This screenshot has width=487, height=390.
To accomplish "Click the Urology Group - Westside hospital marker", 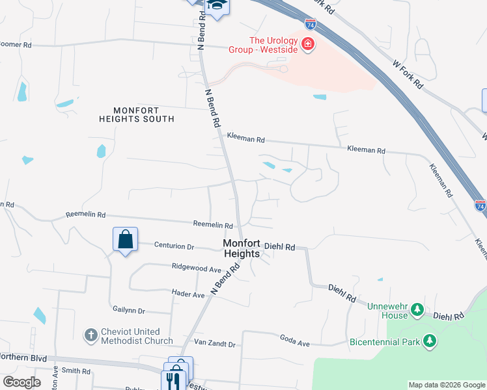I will pos(307,45).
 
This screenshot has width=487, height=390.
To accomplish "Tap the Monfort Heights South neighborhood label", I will pos(137,114).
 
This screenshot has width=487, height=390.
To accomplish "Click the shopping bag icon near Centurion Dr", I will pos(125,239).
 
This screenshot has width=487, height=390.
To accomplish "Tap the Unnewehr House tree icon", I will pos(417,310).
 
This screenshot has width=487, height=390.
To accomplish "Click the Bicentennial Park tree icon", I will pos(429,341).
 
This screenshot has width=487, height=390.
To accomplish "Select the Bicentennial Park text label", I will pos(384,341).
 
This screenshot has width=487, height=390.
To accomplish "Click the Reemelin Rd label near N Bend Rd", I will pos(213,224).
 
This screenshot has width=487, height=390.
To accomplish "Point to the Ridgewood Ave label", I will pos(197,267).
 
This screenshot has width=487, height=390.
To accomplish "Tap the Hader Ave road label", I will pos(188,294).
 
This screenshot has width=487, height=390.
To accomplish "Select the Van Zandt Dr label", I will pos(214,343).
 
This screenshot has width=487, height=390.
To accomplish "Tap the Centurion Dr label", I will pos(174,246).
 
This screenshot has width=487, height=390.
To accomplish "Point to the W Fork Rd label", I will pos(408,75).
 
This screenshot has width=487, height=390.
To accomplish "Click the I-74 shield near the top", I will pos(311,25).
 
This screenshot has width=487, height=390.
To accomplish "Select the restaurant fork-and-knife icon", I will pos(174,380).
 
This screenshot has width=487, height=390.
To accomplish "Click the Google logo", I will pos(21,382).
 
